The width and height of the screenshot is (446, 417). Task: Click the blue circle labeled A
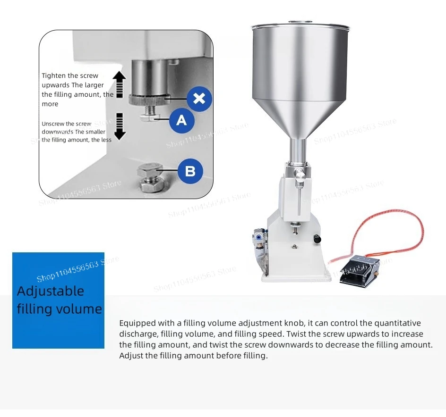[182, 120]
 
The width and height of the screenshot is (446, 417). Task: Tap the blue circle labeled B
[190, 171]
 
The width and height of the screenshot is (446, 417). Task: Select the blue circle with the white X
[199, 99]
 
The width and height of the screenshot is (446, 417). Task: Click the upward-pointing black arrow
[120, 84]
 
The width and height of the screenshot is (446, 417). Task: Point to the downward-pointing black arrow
[120, 126]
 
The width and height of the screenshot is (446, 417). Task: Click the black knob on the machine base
[317, 239]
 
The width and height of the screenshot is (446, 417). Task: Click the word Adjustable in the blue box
[51, 292]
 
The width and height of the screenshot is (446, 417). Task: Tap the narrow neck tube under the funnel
[298, 150]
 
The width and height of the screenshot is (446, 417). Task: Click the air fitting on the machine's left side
[258, 237]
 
